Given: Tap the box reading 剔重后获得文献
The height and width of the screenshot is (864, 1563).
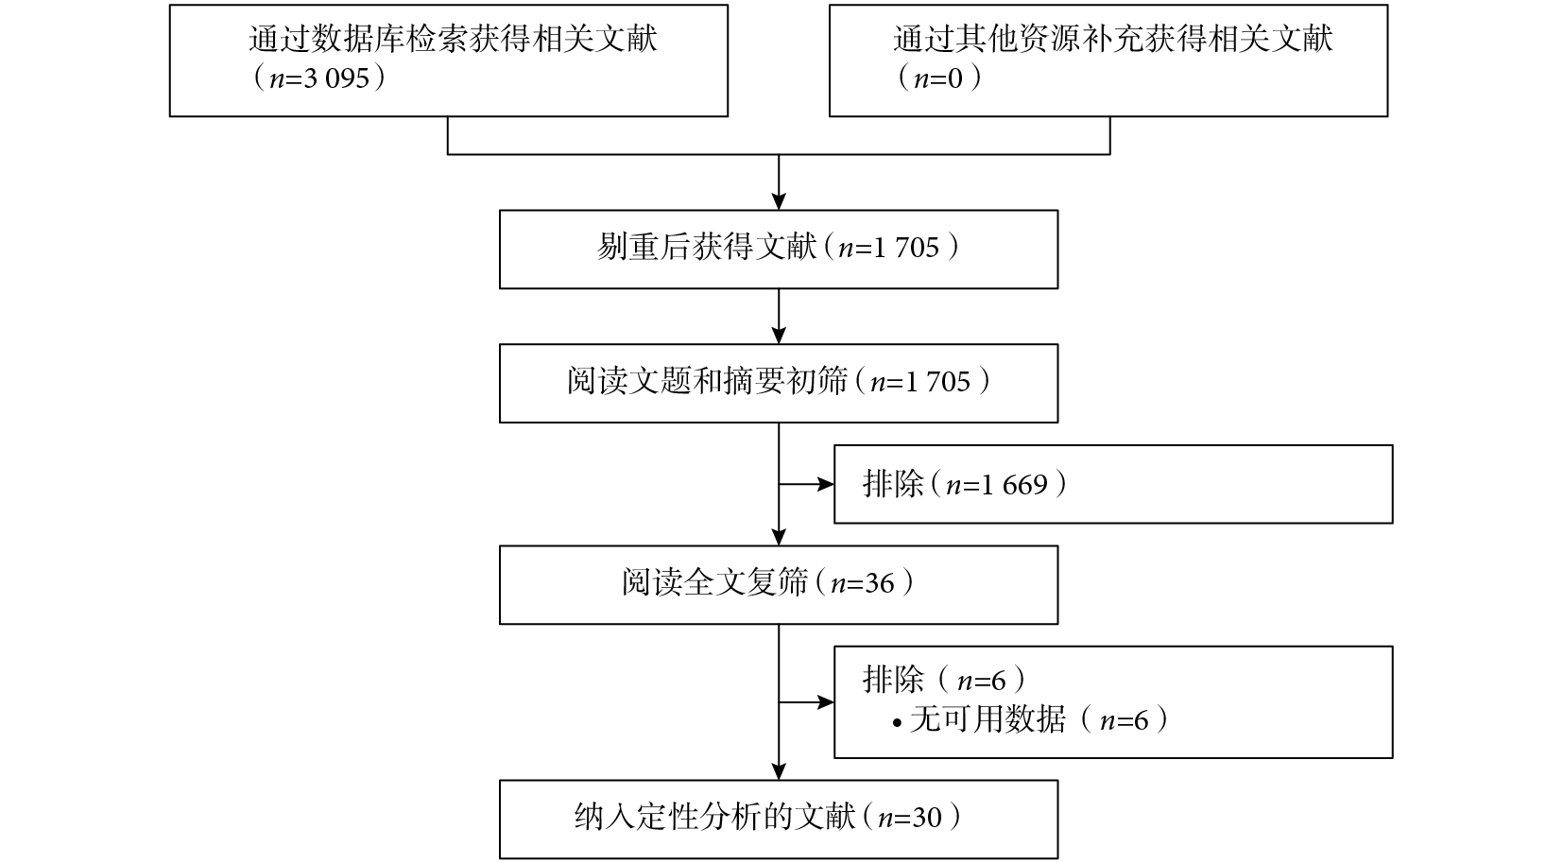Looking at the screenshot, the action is pyautogui.click(x=779, y=250).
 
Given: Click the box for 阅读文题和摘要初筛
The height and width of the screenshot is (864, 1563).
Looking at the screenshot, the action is pyautogui.click(x=779, y=383).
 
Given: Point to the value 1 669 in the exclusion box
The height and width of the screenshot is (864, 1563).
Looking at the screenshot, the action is pyautogui.click(x=1014, y=484).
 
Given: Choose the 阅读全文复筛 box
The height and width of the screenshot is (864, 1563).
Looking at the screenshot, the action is pyautogui.click(x=779, y=585).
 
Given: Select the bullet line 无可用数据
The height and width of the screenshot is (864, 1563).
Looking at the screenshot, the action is pyautogui.click(x=1030, y=720).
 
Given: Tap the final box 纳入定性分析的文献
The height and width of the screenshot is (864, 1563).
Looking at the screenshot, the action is pyautogui.click(x=779, y=820).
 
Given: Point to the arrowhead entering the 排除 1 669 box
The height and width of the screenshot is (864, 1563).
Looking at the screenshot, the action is pyautogui.click(x=826, y=484).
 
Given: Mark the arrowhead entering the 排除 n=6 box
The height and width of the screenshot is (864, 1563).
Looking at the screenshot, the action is pyautogui.click(x=826, y=702).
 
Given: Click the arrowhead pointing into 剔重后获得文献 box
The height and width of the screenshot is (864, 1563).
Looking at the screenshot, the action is pyautogui.click(x=779, y=201).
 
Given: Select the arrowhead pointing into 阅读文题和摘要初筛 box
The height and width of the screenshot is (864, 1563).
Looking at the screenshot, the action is pyautogui.click(x=779, y=336).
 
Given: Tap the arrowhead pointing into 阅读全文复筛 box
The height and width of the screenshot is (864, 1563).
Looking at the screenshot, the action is pyautogui.click(x=779, y=537).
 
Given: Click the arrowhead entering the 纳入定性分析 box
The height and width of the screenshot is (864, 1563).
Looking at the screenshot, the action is pyautogui.click(x=779, y=772).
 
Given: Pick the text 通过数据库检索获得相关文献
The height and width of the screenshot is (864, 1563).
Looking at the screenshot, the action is pyautogui.click(x=453, y=39).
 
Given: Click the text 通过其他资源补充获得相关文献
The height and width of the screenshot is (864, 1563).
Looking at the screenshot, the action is pyautogui.click(x=1113, y=39).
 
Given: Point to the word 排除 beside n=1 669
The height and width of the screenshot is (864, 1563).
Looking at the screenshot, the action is pyautogui.click(x=893, y=484).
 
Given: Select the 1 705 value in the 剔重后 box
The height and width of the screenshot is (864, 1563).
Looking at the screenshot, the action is pyautogui.click(x=905, y=248).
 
